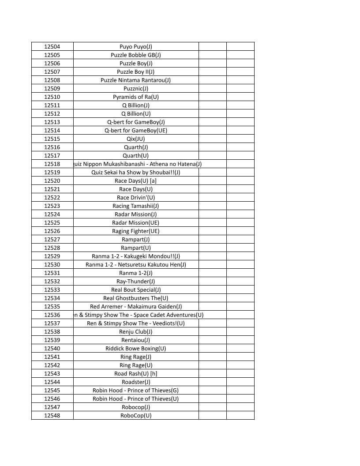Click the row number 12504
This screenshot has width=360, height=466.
click(x=52, y=46)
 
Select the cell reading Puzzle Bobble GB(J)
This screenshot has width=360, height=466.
click(x=135, y=55)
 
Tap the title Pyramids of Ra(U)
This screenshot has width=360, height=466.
click(x=135, y=97)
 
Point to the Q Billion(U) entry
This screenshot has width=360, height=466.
click(x=135, y=113)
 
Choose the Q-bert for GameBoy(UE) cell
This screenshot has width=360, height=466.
click(x=135, y=130)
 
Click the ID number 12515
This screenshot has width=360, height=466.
click(x=52, y=139)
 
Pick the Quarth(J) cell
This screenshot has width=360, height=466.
click(x=135, y=147)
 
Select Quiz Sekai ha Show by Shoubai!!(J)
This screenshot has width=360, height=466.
click(x=135, y=172)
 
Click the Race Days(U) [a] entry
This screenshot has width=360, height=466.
click(x=135, y=180)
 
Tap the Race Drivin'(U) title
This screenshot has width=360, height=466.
click(x=135, y=197)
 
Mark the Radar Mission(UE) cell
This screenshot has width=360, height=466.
click(x=135, y=222)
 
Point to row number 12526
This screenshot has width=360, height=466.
click(x=52, y=231)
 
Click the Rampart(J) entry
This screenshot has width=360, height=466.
click(x=135, y=239)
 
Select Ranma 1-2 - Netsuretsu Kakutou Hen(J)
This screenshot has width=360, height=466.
click(x=135, y=264)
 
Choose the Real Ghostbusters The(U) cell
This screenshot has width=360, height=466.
click(x=135, y=298)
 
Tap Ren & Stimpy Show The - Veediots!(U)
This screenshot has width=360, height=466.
click(x=135, y=323)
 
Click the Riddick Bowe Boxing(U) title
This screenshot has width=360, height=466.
click(x=135, y=348)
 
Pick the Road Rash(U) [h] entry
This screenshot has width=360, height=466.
click(x=135, y=373)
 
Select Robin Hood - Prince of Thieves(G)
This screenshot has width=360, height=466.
click(x=135, y=390)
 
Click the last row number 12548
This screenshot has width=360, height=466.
click(x=52, y=415)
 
